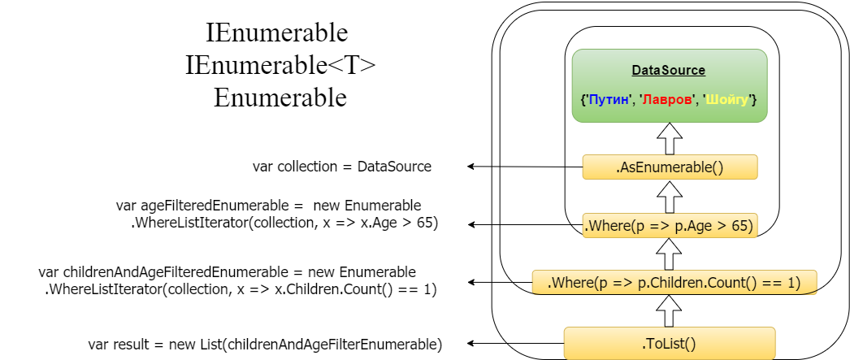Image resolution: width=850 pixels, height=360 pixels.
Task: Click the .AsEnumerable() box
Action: [x=670, y=167]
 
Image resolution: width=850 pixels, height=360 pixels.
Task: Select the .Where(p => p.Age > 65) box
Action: [x=670, y=225]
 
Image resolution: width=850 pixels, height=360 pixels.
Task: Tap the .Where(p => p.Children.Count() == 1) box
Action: [x=674, y=282]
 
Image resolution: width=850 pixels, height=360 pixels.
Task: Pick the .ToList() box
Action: [x=669, y=343]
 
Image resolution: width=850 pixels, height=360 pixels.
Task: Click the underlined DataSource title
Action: [x=669, y=71]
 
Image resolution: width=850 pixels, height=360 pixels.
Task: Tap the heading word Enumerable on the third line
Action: [x=280, y=98]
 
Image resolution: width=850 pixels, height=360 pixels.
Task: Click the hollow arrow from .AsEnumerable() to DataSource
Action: [x=669, y=138]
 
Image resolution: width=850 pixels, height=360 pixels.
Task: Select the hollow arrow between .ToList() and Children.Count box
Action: [x=669, y=310]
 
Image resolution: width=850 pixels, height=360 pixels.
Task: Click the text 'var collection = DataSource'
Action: [x=342, y=167]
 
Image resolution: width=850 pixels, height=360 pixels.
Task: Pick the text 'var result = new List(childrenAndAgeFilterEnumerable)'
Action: [x=265, y=345]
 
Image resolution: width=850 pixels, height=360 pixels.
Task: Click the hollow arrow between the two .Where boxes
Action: [x=669, y=254]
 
